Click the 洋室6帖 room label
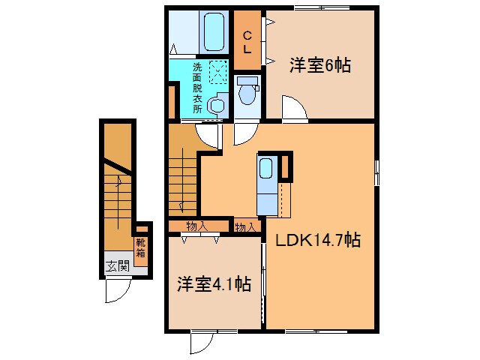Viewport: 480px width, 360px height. point(319,65)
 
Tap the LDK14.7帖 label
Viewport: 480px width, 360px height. point(318,241)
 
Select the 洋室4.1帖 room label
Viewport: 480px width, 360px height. point(214,284)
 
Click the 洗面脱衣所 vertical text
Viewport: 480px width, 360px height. point(197,87)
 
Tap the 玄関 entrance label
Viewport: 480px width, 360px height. point(116,265)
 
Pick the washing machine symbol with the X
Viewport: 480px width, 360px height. point(218,73)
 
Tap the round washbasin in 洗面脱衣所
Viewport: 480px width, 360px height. point(217,106)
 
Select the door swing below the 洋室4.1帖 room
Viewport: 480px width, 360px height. point(201,342)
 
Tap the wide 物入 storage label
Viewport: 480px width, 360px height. point(197,226)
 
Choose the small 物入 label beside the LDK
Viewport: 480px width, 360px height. point(246,226)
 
